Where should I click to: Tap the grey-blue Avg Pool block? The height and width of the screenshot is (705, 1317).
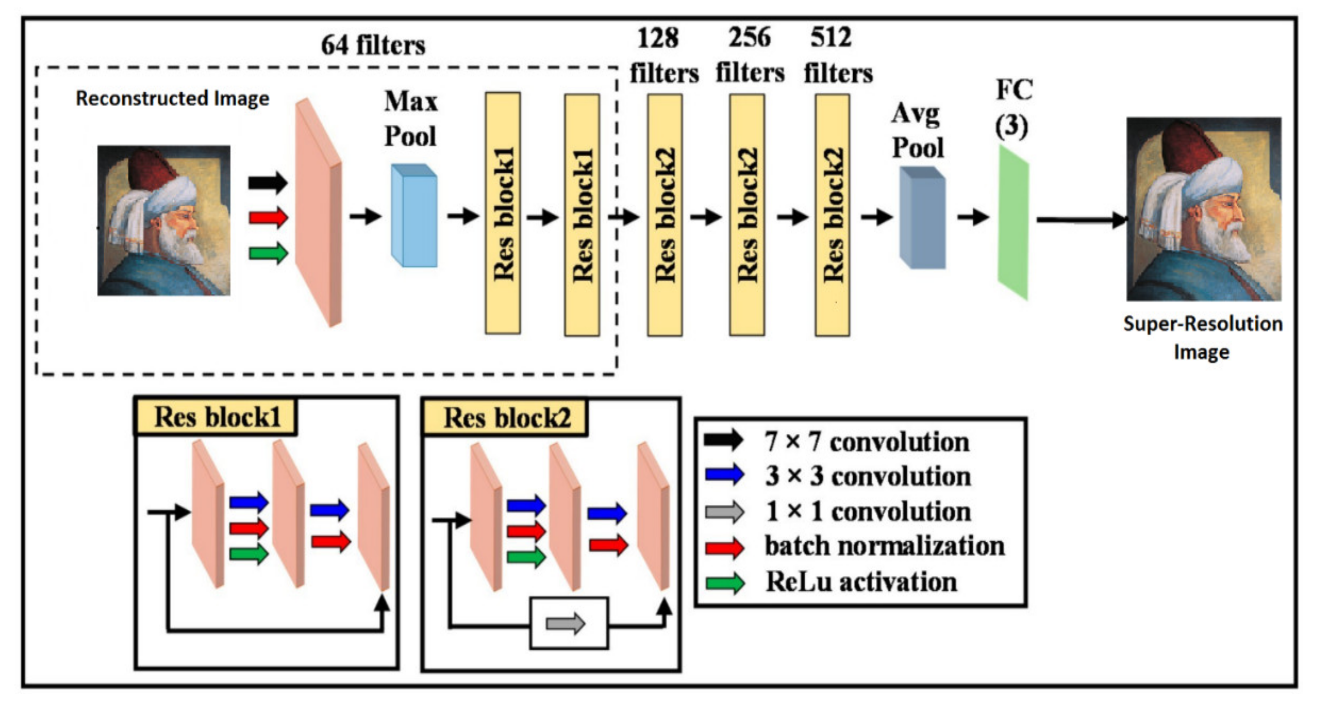click(922, 218)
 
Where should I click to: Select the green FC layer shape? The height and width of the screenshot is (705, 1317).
click(1013, 222)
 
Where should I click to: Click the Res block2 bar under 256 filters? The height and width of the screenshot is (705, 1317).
click(747, 215)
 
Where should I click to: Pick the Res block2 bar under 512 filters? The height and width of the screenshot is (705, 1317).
click(832, 215)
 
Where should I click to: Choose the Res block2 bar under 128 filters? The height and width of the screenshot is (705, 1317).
click(665, 215)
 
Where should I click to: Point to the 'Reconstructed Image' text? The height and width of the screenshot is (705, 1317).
click(172, 98)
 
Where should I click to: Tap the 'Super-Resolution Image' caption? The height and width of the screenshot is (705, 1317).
click(1202, 337)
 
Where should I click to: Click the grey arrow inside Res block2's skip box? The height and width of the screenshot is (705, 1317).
click(565, 623)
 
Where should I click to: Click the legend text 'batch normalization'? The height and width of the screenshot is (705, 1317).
click(884, 546)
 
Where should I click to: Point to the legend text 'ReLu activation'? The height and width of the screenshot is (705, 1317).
click(861, 582)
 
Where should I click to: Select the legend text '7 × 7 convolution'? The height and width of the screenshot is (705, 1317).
click(867, 442)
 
